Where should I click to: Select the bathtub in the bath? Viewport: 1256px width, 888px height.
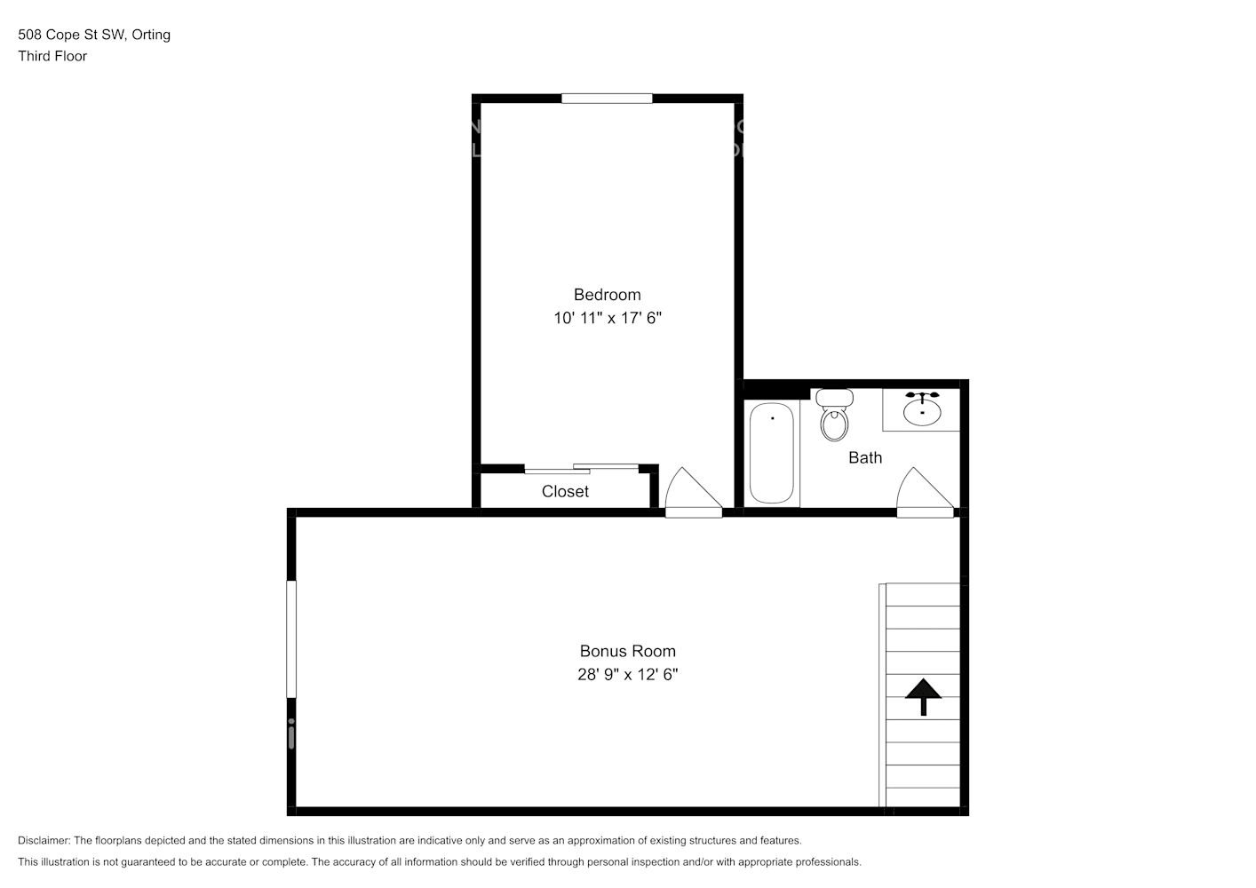tap(771, 453)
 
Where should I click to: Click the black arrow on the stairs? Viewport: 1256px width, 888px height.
tap(924, 696)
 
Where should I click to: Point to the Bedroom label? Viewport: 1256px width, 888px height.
tap(607, 295)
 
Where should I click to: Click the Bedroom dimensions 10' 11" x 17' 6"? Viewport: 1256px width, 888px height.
tap(608, 318)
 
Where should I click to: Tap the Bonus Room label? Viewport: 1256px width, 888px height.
tap(627, 651)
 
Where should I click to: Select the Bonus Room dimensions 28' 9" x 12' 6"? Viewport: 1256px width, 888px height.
tap(627, 674)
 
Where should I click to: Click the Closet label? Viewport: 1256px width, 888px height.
tap(565, 491)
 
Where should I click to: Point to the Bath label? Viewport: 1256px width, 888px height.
tap(865, 457)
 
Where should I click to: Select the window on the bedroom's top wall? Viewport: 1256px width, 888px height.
tap(607, 99)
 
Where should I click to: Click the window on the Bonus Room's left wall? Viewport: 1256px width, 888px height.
tap(291, 638)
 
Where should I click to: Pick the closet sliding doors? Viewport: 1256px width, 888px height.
tap(581, 468)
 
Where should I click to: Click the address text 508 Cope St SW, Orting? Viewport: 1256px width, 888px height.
tap(94, 35)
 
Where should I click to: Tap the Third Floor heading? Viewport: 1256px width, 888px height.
tap(52, 56)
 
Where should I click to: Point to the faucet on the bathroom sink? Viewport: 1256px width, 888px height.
tap(923, 395)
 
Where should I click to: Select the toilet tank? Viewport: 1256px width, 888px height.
tap(834, 397)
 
